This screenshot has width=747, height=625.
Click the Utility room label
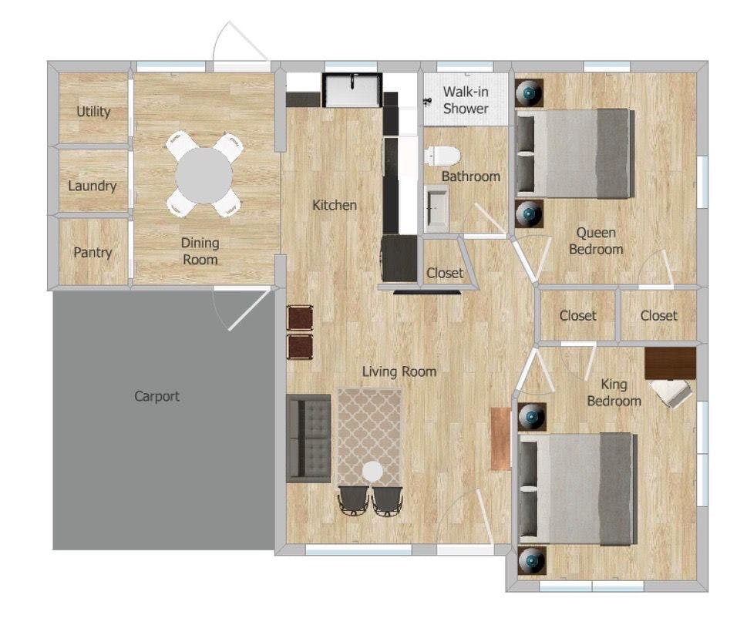click(93, 112)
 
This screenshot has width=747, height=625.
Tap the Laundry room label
click(93, 186)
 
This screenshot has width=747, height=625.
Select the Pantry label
click(93, 253)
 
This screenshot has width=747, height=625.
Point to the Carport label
click(156, 397)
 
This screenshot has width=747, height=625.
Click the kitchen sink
click(352, 90)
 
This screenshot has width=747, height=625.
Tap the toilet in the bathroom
click(442, 156)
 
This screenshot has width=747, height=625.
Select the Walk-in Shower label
click(466, 100)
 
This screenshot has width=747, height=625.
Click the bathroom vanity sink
click(437, 208)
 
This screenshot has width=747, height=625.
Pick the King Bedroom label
click(614, 393)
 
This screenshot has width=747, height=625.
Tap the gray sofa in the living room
click(308, 438)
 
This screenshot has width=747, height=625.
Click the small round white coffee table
click(372, 471)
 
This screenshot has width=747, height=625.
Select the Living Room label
click(399, 372)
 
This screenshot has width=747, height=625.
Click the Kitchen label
click(335, 205)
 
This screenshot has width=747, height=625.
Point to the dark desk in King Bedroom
click(670, 363)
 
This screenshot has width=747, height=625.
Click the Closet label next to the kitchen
click(445, 274)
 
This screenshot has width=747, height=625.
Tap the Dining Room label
click(200, 251)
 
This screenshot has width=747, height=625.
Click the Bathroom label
click(470, 176)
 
